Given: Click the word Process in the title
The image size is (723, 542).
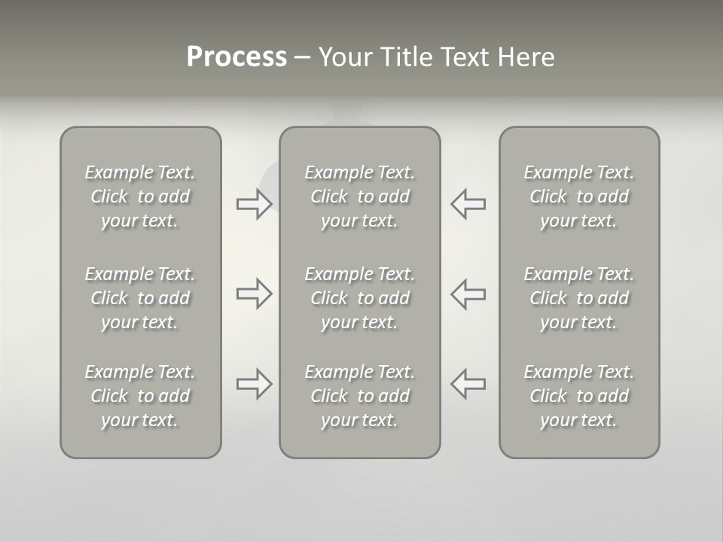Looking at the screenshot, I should coord(236,57).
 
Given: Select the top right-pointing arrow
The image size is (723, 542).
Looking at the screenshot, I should coord(254,204).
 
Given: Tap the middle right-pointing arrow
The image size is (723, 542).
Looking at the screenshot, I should coord(254,294).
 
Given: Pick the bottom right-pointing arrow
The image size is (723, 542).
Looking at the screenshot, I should coord(254,384).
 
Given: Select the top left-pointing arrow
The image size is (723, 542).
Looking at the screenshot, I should coord(468,204).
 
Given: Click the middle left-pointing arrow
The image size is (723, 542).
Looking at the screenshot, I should coord(468,294).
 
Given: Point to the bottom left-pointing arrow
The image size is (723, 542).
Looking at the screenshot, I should coord(468,384).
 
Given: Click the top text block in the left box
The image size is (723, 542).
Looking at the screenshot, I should coord(140,196).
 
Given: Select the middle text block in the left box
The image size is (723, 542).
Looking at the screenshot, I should coord(140,298).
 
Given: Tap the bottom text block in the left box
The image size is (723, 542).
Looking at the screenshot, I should coord(140,396).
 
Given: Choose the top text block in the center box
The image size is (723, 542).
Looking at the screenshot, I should coord(360,196).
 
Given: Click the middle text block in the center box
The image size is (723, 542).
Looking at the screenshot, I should coord(360,298).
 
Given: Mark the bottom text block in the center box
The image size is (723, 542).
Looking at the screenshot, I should coord(360,396).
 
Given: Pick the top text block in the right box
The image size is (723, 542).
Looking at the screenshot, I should coord(579,196).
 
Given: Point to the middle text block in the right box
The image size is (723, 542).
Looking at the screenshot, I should coord(579,298).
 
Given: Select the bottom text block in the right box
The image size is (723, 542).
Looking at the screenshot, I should coord(579,396).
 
